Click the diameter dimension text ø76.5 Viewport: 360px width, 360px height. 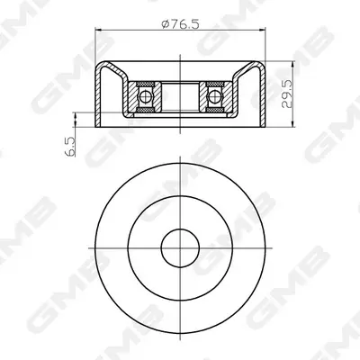[x=180, y=24]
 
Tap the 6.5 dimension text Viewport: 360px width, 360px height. [x=70, y=147]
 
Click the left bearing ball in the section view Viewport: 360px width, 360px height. [x=146, y=96]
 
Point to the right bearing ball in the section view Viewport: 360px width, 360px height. [x=214, y=96]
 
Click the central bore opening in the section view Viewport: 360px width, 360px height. [x=180, y=96]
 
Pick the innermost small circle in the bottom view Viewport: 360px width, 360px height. [x=180, y=248]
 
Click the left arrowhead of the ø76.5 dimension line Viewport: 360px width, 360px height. [x=98, y=30]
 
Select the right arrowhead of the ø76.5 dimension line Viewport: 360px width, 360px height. [x=262, y=30]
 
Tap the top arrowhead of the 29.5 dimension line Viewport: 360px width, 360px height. [x=292, y=65]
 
